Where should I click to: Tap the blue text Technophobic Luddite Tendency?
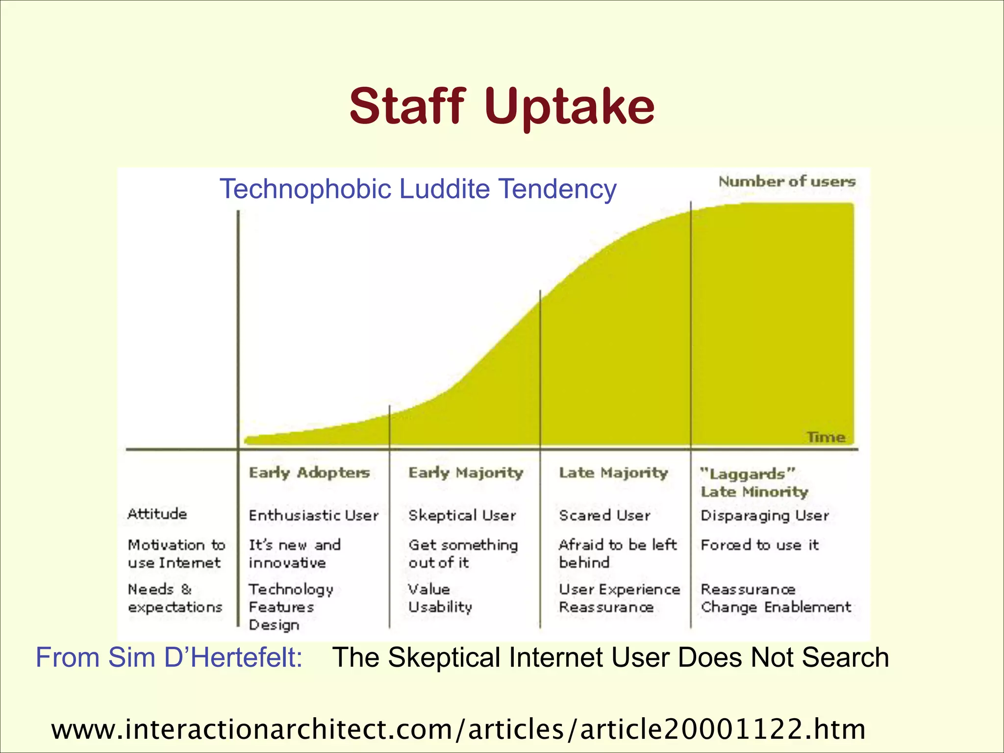coord(418,189)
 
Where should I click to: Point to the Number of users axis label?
coord(787,182)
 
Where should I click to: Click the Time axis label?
coord(826,437)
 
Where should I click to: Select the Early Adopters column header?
coord(309,473)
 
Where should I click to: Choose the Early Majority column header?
coord(466,473)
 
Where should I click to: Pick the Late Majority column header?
coord(613,473)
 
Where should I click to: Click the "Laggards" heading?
coord(747,474)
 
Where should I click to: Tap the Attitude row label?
coord(157,514)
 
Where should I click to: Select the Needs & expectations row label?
coord(175,598)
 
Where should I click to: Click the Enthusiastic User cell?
coord(314,516)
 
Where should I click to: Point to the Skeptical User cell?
coord(462,516)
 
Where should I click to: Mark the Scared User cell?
coord(604,516)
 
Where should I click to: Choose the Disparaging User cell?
coord(765,516)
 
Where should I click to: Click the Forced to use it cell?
coord(759,545)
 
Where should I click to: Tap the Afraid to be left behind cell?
coord(617,553)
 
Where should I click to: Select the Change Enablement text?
coord(776,607)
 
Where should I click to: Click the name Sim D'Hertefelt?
coord(205,657)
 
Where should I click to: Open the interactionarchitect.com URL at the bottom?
coord(458,729)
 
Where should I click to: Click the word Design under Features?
coord(274,625)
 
